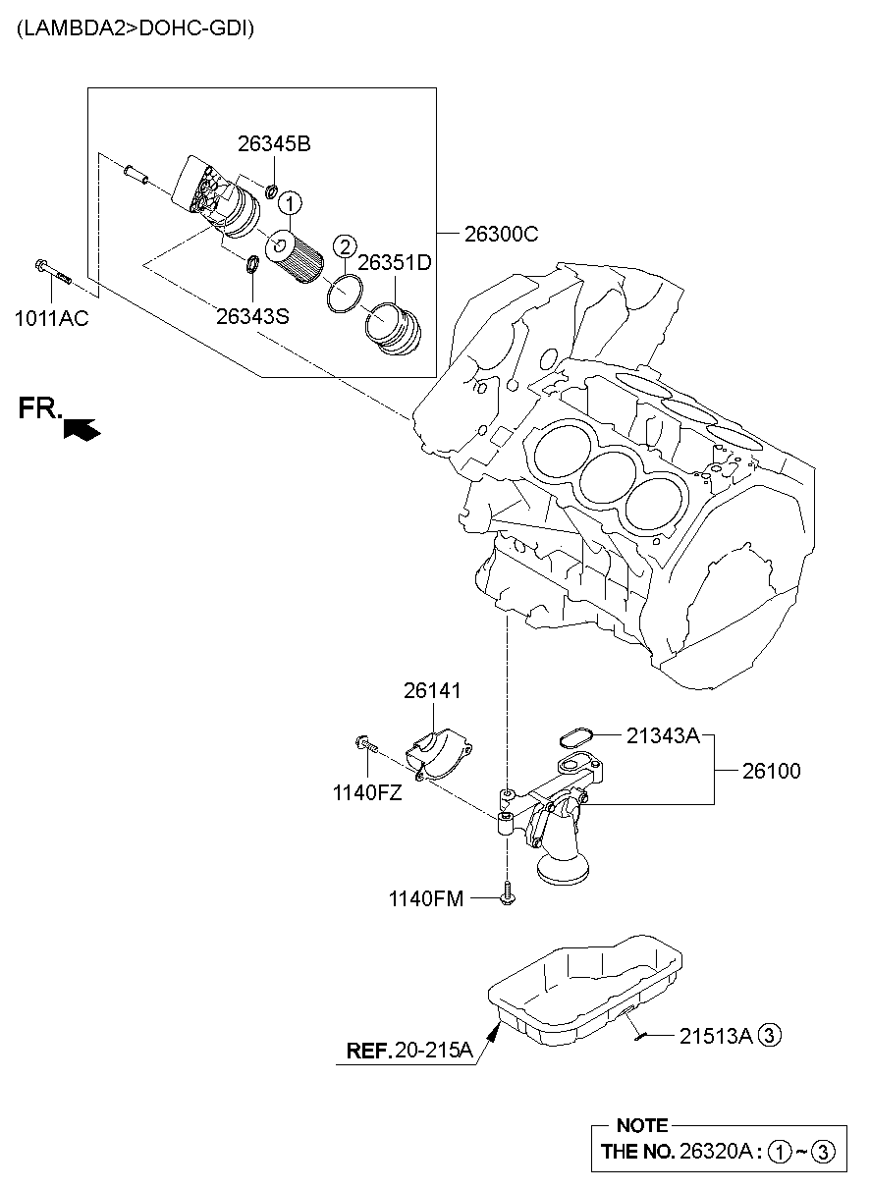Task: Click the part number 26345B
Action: coord(274,144)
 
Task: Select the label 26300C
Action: coord(501,235)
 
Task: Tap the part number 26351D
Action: coord(395,263)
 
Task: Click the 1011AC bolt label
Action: coord(51,317)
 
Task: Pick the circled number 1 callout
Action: coord(290,203)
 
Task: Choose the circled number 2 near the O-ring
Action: coord(344,245)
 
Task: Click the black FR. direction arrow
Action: coord(81,427)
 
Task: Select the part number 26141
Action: coord(431,691)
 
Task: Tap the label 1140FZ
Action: coord(367,793)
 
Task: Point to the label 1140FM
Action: coord(425,897)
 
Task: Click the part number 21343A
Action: coord(663,734)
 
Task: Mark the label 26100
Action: coord(771,772)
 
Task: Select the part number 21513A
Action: coord(716,1034)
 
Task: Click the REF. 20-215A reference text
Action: coord(409,1051)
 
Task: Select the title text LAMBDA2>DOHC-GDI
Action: coord(135,29)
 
